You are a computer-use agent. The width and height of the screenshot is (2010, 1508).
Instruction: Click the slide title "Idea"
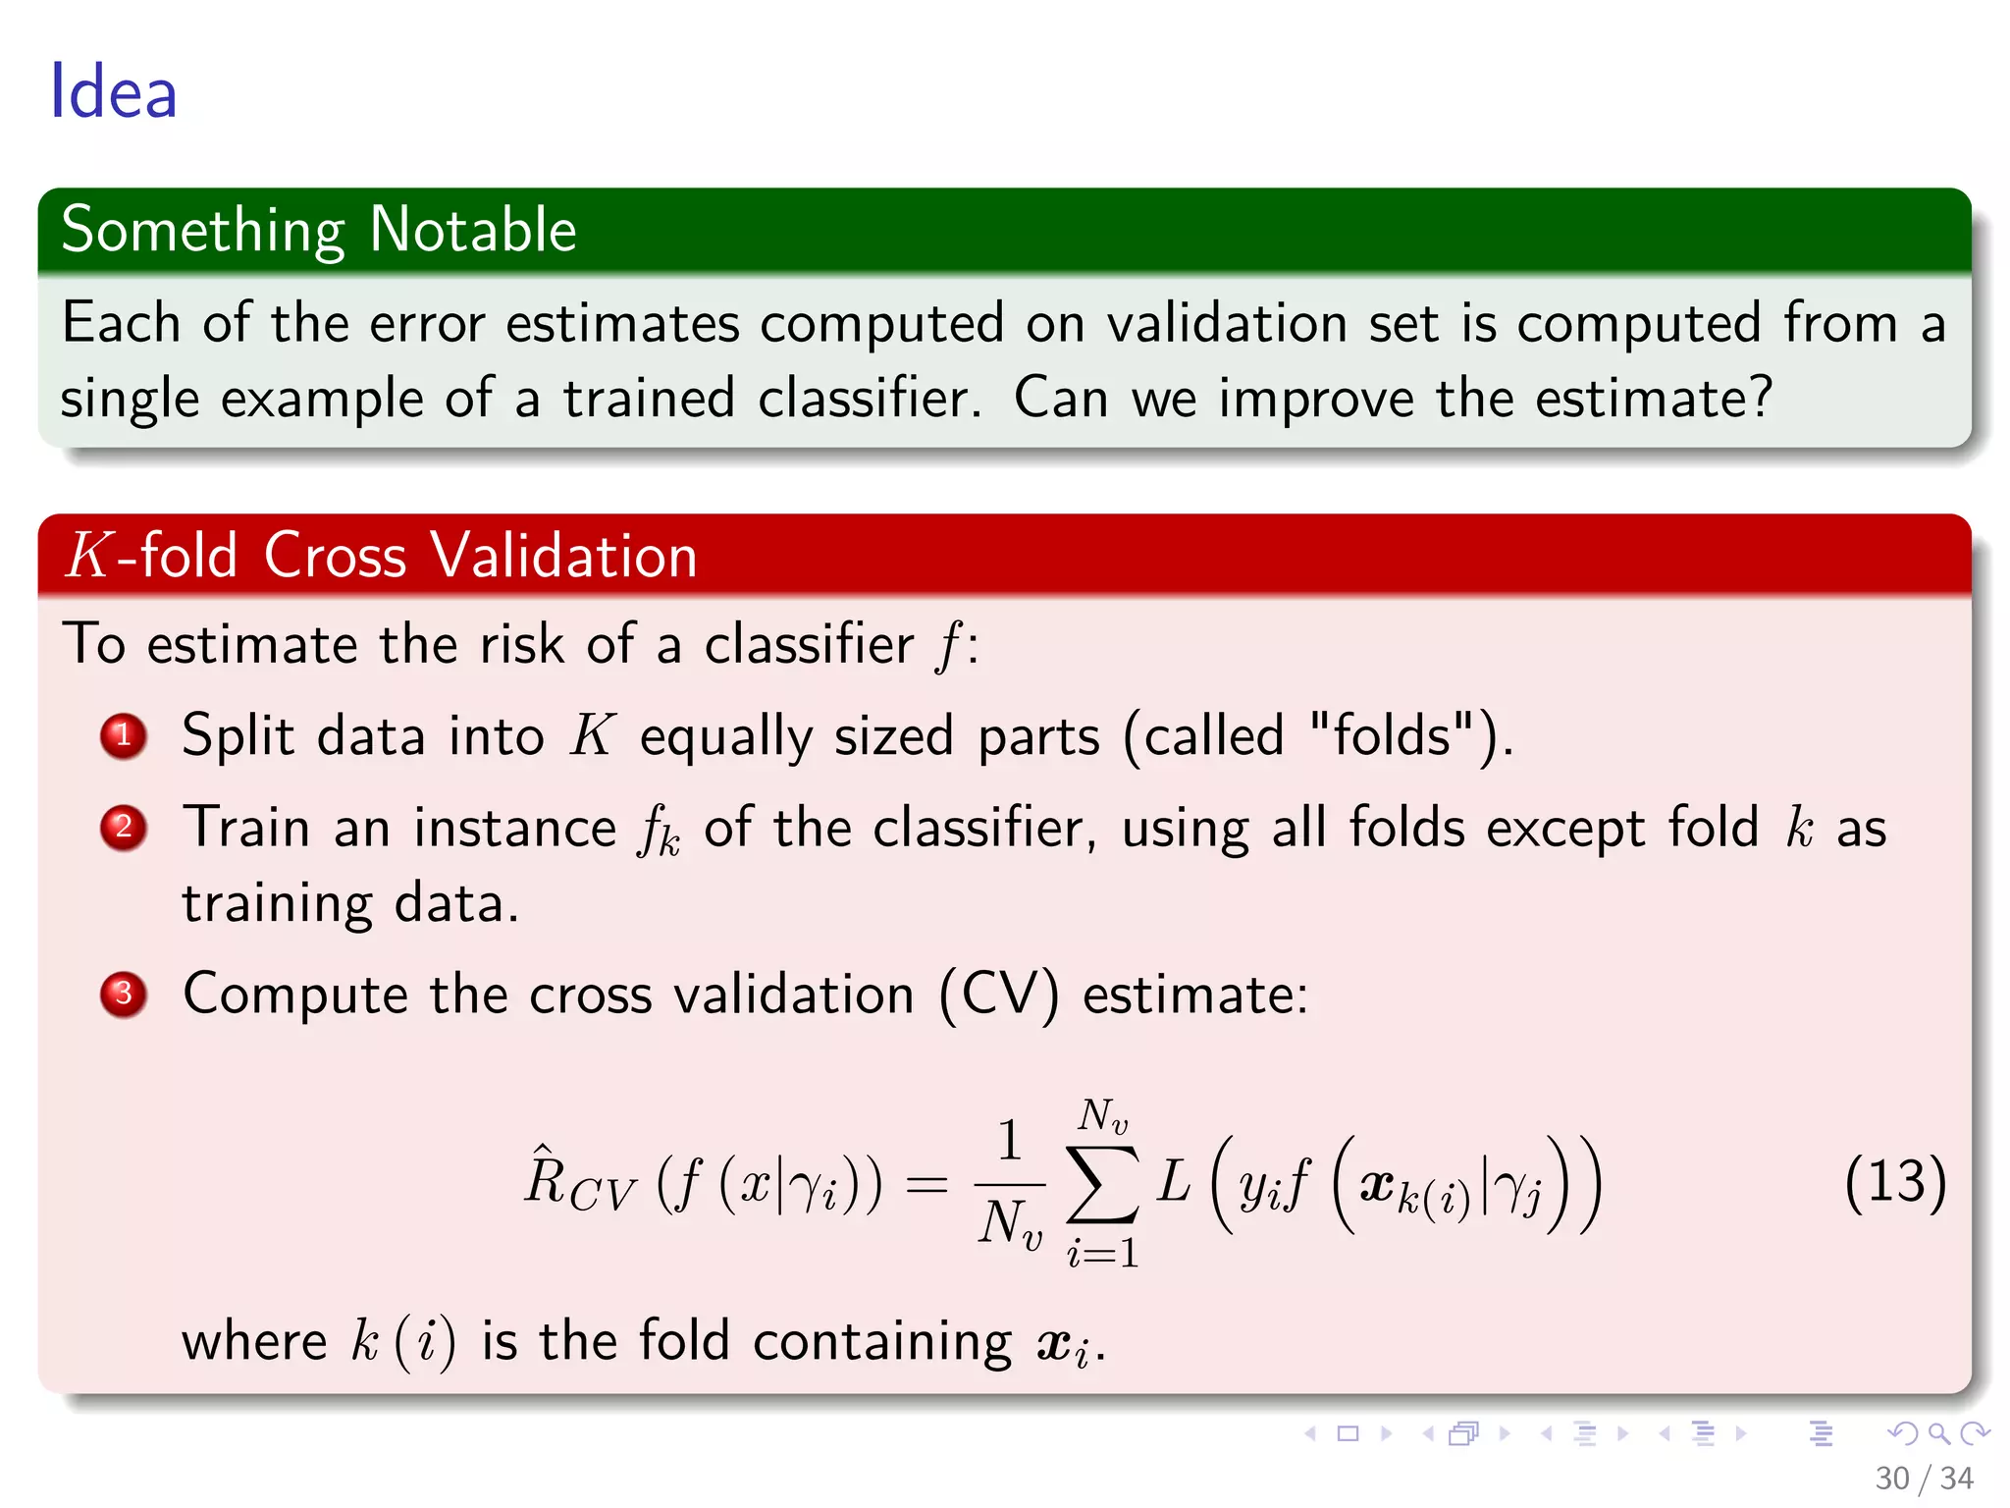pos(113,92)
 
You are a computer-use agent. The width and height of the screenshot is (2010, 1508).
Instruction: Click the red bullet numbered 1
pos(123,736)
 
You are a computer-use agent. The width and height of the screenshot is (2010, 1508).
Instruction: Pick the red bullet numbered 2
pos(123,828)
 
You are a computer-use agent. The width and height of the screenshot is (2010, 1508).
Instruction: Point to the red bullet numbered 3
pos(123,995)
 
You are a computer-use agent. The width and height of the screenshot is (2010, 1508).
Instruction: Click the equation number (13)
pos(1894,1181)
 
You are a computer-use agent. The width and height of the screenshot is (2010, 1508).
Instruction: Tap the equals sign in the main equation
pos(926,1184)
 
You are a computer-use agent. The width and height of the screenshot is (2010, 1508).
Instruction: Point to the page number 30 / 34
pos(1924,1479)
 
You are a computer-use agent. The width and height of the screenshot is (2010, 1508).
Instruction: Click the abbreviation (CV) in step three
pos(999,995)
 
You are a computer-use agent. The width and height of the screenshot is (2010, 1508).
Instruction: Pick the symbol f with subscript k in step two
pos(659,831)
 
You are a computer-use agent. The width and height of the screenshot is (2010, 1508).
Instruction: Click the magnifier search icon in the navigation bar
pos(1938,1434)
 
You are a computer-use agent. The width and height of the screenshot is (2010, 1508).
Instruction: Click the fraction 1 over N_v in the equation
pos(1009,1183)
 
